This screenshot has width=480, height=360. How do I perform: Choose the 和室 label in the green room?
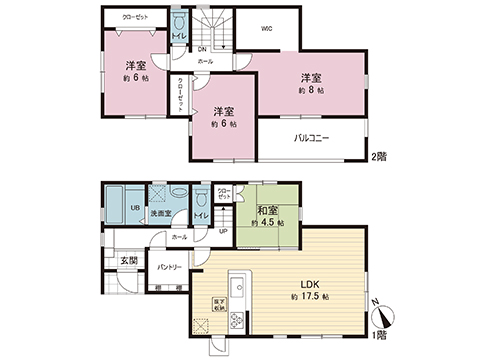point(267,210)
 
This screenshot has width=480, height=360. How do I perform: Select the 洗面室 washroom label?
point(160,213)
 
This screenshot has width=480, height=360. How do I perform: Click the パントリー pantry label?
point(170,267)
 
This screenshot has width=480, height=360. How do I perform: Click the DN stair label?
point(201,47)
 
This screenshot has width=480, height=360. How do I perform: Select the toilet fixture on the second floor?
point(179,22)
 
